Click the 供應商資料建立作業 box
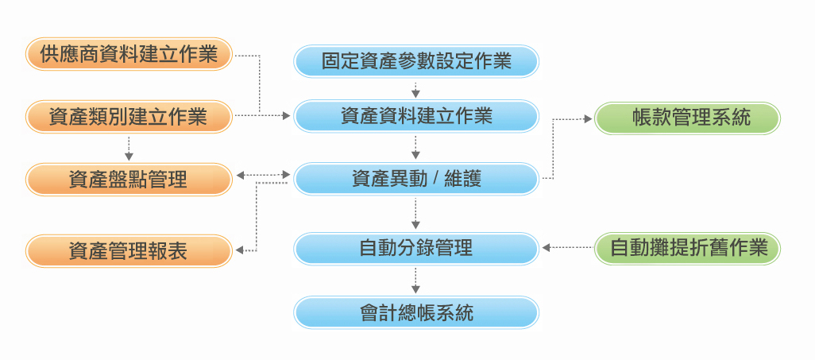click(129, 53)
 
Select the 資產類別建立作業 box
click(129, 117)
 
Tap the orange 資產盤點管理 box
click(129, 180)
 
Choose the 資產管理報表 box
click(129, 251)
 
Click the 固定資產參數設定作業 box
click(416, 61)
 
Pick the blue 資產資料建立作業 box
click(416, 116)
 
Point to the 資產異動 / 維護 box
click(416, 179)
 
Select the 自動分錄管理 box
click(416, 249)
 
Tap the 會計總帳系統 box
click(416, 312)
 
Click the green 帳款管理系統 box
click(687, 118)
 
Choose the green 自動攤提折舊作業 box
click(687, 248)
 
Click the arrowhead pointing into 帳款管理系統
click(588, 119)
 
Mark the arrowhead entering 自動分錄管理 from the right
click(547, 248)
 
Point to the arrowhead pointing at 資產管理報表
click(240, 251)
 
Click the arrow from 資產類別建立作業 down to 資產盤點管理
click(129, 149)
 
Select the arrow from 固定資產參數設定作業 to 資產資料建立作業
click(415, 90)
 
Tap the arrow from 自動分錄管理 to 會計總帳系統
click(415, 281)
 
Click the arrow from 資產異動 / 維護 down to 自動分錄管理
click(415, 214)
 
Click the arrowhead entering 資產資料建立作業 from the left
click(287, 116)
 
